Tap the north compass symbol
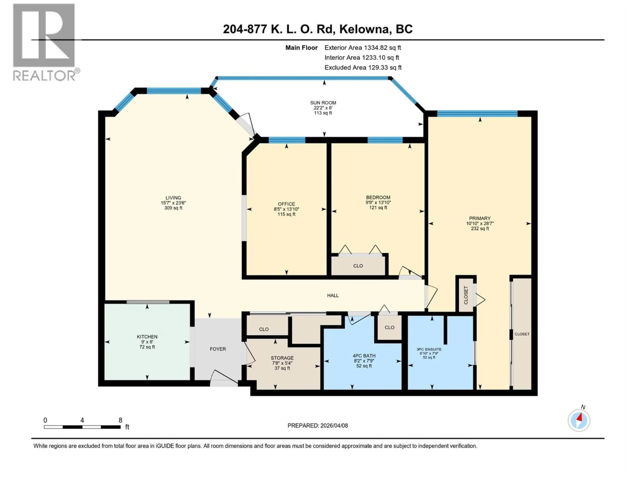(x=579, y=420)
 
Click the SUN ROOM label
(x=323, y=103)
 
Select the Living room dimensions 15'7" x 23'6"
(x=173, y=203)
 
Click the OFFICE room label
(x=286, y=204)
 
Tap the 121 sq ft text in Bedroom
(x=378, y=207)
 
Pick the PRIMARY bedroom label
(x=480, y=218)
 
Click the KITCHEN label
(x=147, y=336)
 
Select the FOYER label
(x=218, y=349)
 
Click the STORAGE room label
(x=282, y=358)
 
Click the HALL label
(x=333, y=295)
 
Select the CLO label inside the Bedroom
(x=358, y=266)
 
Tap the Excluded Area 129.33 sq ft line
(x=363, y=68)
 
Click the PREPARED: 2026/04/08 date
(x=318, y=425)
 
